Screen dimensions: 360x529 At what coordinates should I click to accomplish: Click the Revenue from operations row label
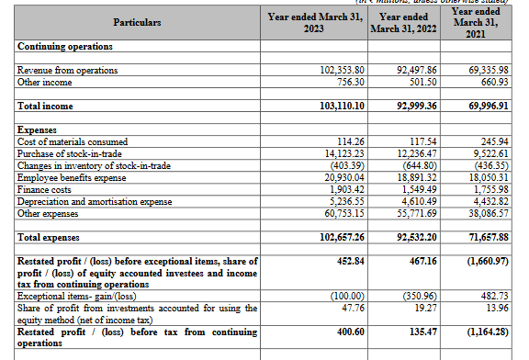[68, 70]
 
